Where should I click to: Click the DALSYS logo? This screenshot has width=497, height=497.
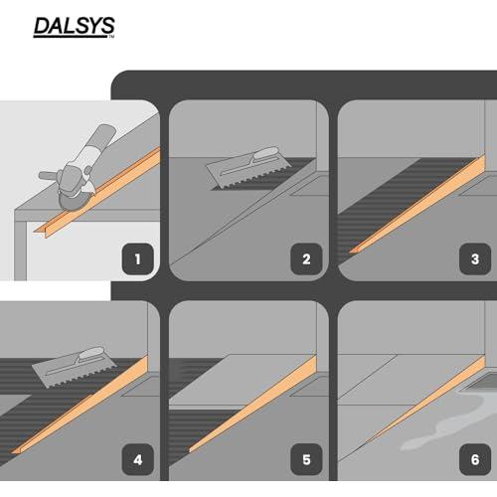[x=74, y=27]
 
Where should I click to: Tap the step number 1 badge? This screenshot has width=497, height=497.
[x=138, y=259]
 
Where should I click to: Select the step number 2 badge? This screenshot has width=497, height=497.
[x=306, y=259]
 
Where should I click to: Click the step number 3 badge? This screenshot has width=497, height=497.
[x=475, y=259]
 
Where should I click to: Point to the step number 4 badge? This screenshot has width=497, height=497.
[x=138, y=459]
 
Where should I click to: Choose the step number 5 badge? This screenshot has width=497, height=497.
[x=306, y=459]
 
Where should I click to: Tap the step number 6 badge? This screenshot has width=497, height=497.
[x=475, y=459]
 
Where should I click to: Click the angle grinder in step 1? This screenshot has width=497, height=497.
[x=78, y=169]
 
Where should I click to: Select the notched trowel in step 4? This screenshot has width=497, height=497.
[x=75, y=368]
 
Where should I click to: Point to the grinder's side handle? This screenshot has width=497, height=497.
[x=49, y=175]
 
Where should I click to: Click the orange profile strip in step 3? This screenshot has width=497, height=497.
[x=417, y=204]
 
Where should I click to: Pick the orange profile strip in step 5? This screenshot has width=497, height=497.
[x=252, y=404]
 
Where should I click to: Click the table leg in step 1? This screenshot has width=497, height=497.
[x=20, y=250]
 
